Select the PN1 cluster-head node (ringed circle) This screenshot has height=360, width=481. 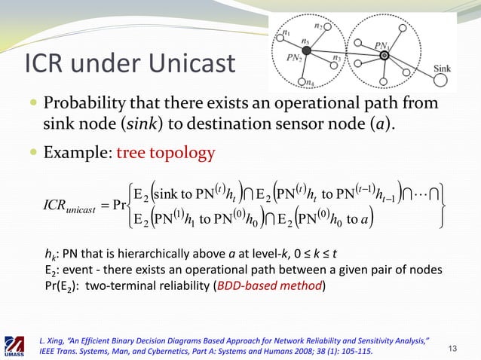tap(384, 55)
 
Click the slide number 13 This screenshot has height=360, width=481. tap(452, 346)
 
